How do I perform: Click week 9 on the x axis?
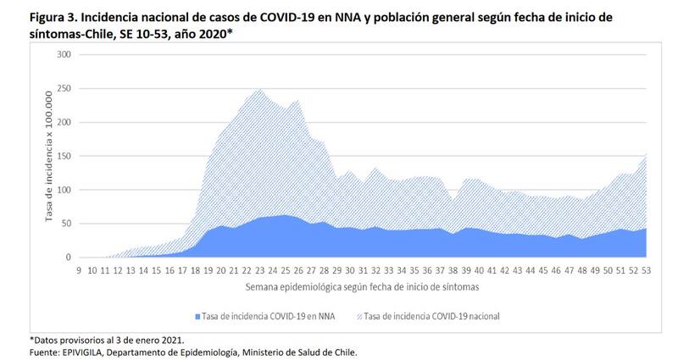click(78, 270)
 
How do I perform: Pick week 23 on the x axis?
click(258, 270)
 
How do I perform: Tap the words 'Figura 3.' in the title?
click(53, 17)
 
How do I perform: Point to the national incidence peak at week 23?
click(258, 89)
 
